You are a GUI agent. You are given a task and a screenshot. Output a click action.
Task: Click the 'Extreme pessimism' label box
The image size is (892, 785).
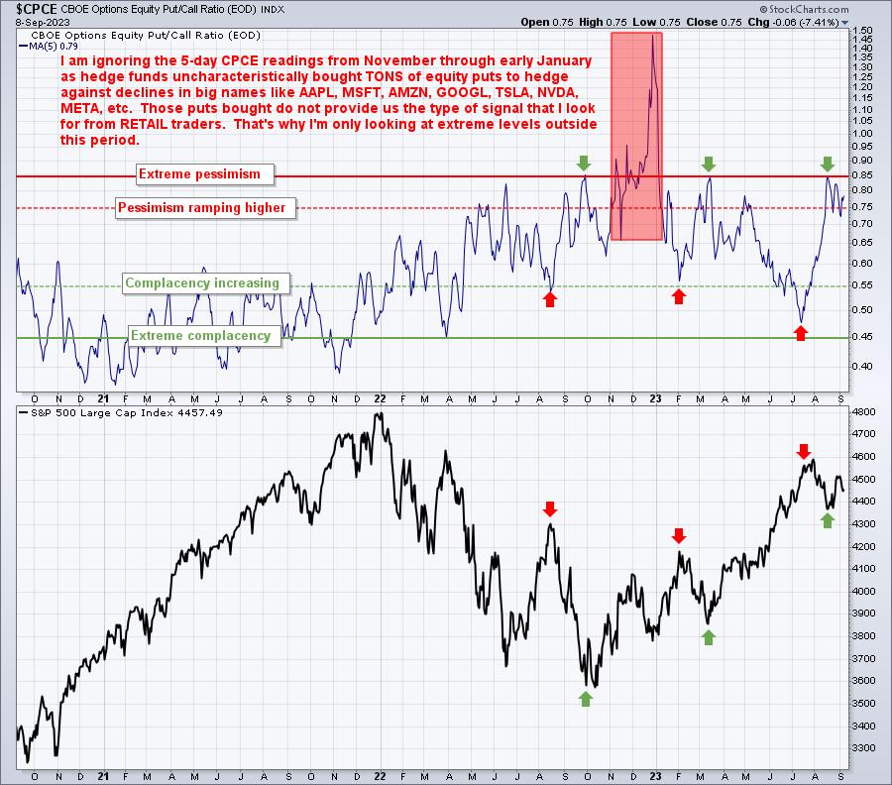205,174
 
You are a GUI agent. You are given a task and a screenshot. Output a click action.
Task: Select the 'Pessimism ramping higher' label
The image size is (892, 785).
206,207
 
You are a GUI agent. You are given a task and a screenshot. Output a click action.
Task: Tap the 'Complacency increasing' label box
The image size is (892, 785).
206,283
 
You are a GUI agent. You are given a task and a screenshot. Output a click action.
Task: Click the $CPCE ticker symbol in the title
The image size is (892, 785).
37,9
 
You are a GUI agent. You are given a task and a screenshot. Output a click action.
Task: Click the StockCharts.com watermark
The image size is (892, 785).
804,9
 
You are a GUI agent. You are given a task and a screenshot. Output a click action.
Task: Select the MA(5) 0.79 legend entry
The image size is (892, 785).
49,46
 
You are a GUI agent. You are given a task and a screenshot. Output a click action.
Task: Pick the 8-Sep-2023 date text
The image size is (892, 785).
43,22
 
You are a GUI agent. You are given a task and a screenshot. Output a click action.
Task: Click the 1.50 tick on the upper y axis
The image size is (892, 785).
863,30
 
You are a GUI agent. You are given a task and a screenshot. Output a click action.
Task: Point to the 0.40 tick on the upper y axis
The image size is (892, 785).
863,366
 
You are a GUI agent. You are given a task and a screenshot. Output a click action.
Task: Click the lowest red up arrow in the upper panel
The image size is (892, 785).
801,333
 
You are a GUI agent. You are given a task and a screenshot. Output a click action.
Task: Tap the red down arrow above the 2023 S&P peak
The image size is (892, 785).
803,452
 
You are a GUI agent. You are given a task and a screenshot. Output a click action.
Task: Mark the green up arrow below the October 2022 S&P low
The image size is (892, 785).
586,699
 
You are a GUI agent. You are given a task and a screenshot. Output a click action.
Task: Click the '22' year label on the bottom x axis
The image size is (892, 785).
380,776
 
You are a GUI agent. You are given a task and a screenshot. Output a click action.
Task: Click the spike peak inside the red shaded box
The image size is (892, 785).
652,36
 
